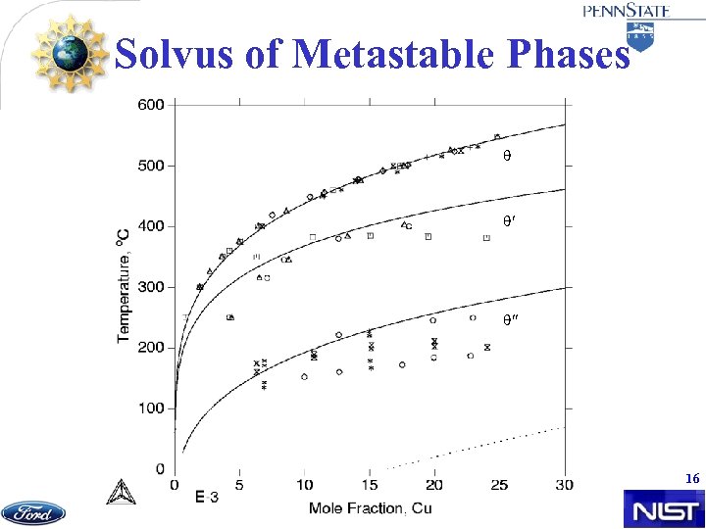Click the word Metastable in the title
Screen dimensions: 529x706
[x=400, y=55]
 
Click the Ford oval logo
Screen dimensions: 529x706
[x=33, y=512]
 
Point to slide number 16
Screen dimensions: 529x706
[x=692, y=478]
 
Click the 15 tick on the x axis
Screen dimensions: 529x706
[x=369, y=485]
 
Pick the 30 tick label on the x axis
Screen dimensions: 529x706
[x=564, y=485]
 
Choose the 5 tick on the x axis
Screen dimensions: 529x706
[x=239, y=485]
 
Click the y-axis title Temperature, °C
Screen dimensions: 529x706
[x=125, y=285]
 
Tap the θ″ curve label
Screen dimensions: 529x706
[x=510, y=320]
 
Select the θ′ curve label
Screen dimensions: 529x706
[x=509, y=221]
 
